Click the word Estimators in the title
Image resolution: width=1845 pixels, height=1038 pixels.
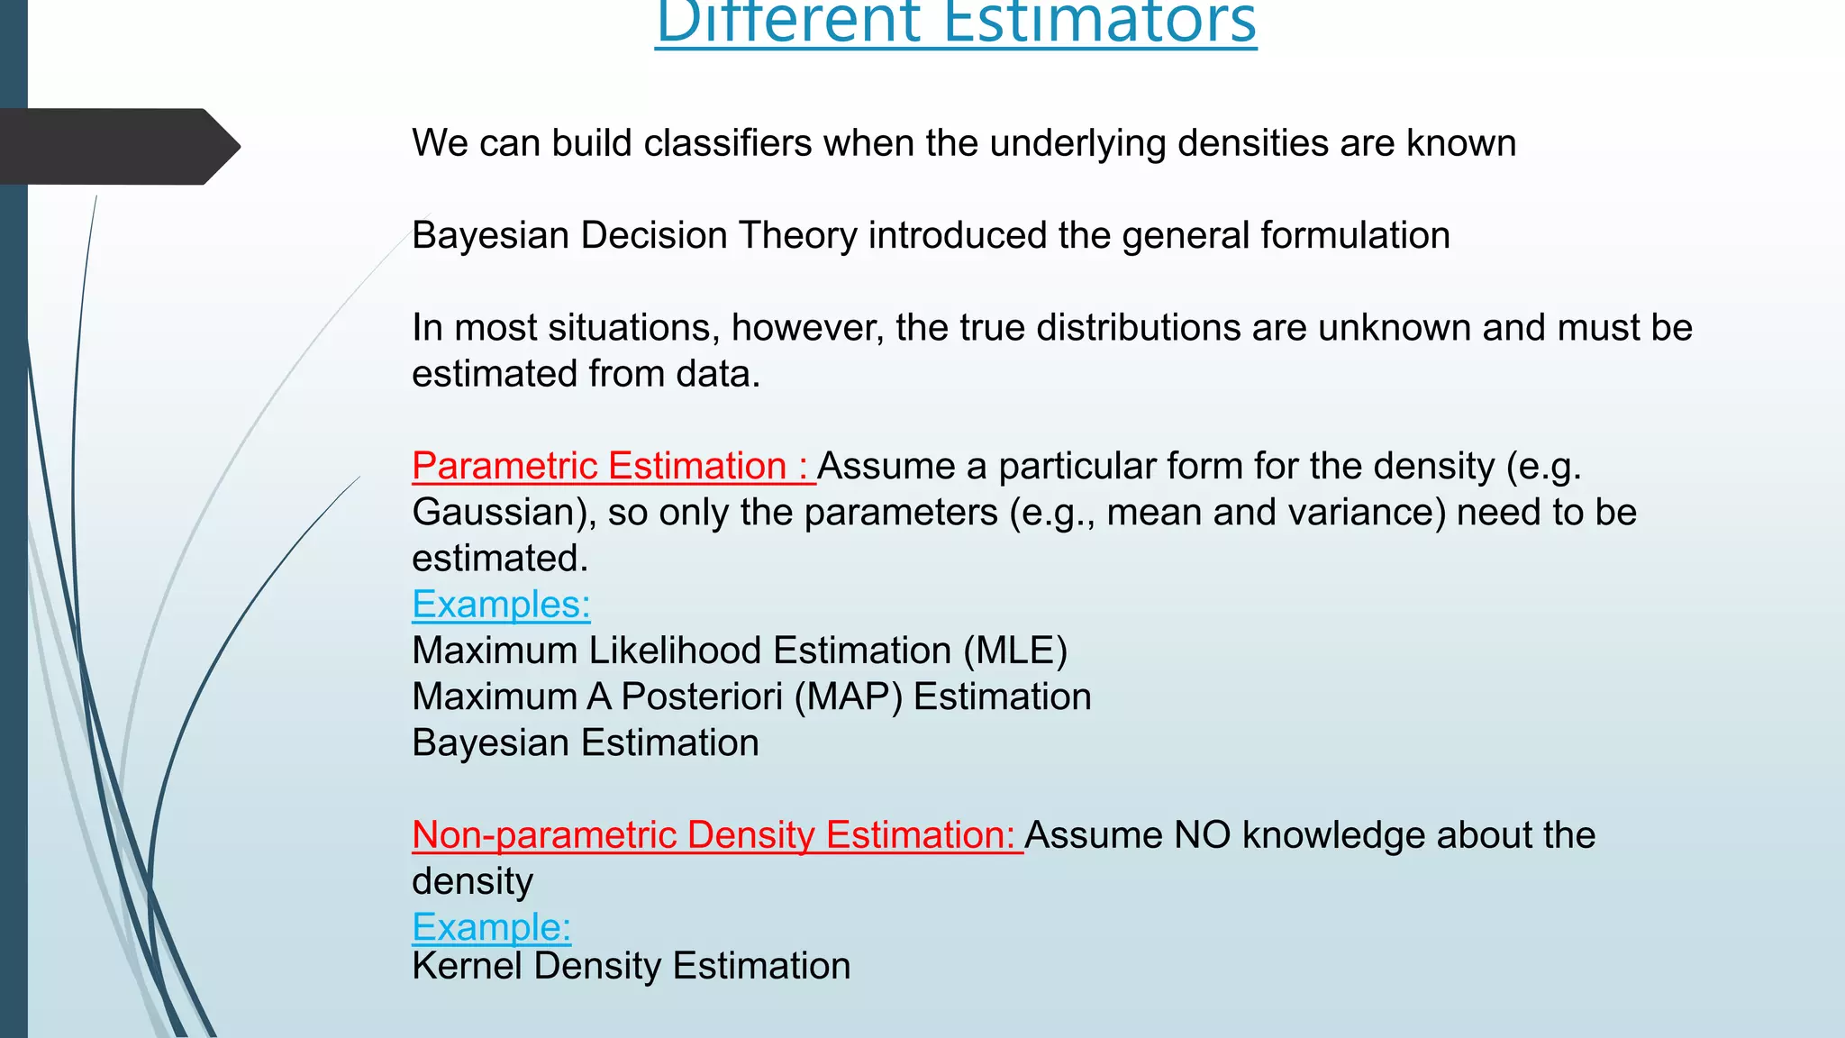(1099, 22)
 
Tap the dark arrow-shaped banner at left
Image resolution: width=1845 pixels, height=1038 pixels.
(117, 146)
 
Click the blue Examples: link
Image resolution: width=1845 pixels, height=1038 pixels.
(501, 605)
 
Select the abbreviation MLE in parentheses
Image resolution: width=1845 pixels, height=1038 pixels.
(1015, 651)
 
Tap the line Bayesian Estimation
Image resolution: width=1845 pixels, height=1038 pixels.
(586, 743)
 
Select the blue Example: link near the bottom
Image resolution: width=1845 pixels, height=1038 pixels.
(491, 927)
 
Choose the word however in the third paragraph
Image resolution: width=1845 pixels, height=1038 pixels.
(805, 328)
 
